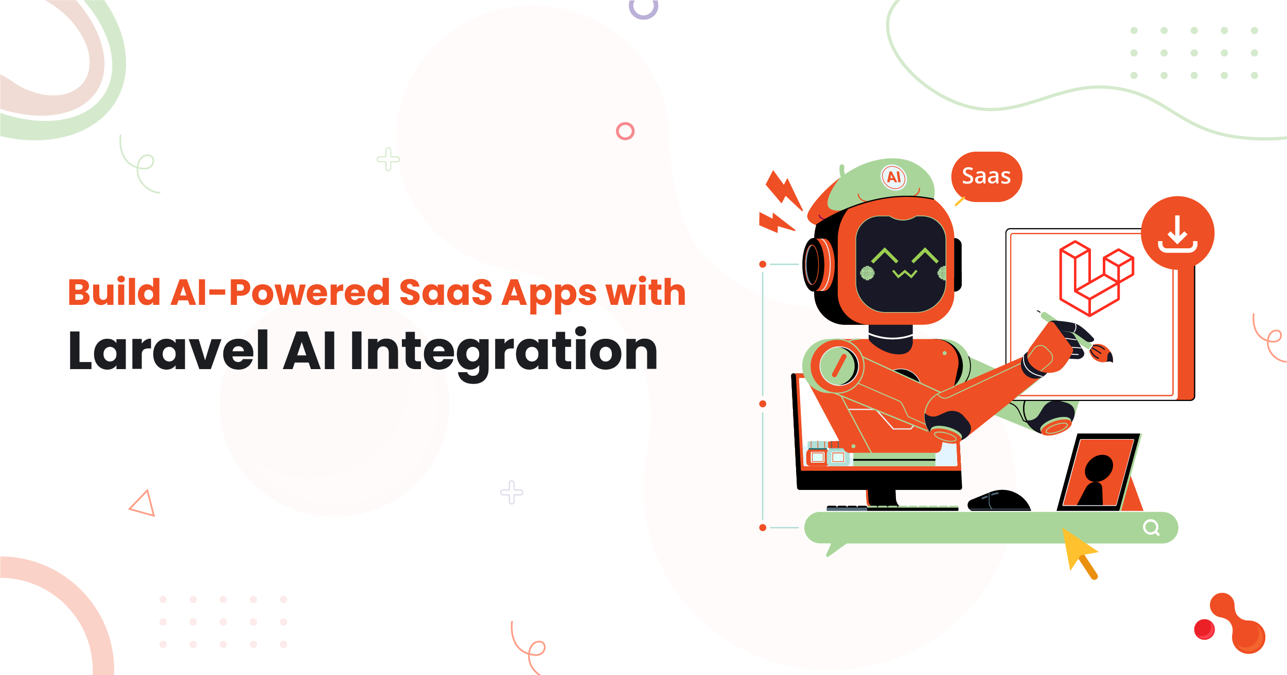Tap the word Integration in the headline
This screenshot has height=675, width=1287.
coord(504,354)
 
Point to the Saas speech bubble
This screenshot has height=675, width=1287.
coord(986,177)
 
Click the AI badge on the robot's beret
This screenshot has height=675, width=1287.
coord(894,177)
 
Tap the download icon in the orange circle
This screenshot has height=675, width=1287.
coord(1177,234)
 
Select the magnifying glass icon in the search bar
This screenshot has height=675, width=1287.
coord(1151,527)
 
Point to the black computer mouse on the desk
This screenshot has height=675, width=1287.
coord(999,500)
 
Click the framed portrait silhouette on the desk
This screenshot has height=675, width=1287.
coord(1099,472)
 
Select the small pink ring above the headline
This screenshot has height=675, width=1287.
coord(625,131)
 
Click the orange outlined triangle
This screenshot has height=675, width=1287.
coord(143,503)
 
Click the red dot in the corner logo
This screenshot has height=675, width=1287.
coord(1204,629)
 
